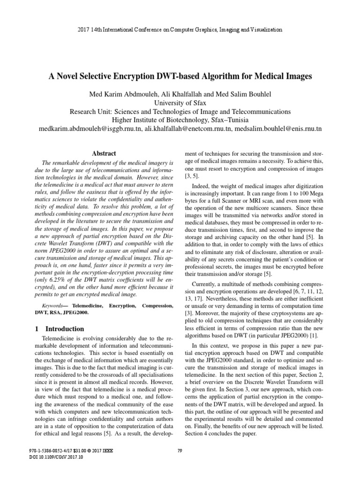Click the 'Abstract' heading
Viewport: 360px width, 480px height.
click(x=104, y=153)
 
